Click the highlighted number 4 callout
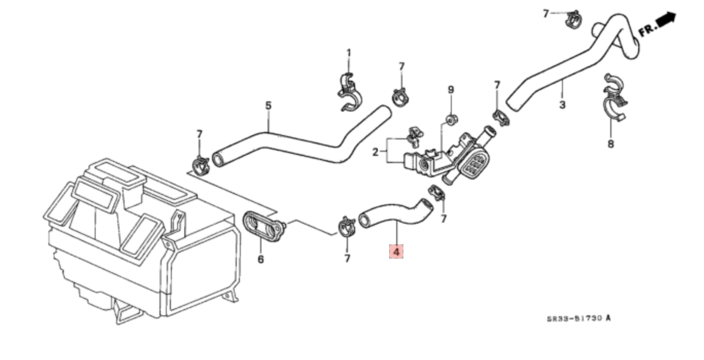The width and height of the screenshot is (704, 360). [396, 251]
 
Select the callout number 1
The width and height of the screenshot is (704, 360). [348, 53]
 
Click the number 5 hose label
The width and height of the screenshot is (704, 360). [268, 106]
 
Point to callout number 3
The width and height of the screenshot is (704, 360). [562, 104]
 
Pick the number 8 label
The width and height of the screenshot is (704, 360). [610, 144]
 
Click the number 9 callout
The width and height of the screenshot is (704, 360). [451, 90]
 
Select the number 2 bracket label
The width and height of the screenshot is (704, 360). [376, 152]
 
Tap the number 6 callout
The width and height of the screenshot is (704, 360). [261, 260]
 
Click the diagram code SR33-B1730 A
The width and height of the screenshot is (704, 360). [579, 318]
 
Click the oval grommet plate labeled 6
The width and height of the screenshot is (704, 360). [263, 227]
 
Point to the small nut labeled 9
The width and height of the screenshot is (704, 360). [452, 119]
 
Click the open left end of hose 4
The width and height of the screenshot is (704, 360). [364, 220]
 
